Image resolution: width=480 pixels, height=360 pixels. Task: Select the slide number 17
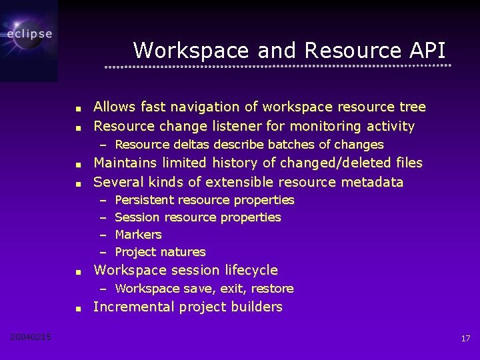(x=465, y=339)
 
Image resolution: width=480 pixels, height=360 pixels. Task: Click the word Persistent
(x=145, y=200)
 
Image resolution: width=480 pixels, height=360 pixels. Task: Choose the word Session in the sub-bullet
(x=137, y=217)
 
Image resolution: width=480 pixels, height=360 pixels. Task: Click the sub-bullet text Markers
(x=139, y=235)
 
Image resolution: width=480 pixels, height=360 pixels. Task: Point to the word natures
(x=187, y=252)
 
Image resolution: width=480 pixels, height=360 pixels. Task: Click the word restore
(x=272, y=289)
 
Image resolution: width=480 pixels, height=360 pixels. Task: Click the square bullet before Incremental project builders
(x=78, y=309)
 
